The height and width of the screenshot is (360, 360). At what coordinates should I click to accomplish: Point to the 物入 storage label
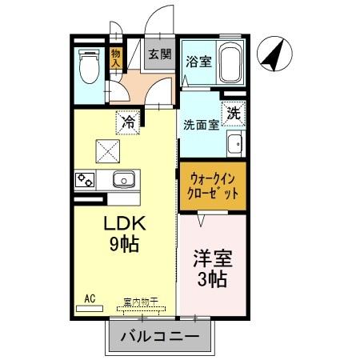pos(116,58)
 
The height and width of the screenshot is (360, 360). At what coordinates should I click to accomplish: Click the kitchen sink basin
pos(124,179)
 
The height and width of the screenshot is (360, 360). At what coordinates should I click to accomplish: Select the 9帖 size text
pos(123,244)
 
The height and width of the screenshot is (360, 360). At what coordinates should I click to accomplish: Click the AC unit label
pos(90,298)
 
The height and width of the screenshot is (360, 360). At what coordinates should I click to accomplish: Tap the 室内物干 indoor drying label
pos(140,302)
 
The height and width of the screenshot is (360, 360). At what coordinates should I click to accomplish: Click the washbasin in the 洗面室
pos(234,146)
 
